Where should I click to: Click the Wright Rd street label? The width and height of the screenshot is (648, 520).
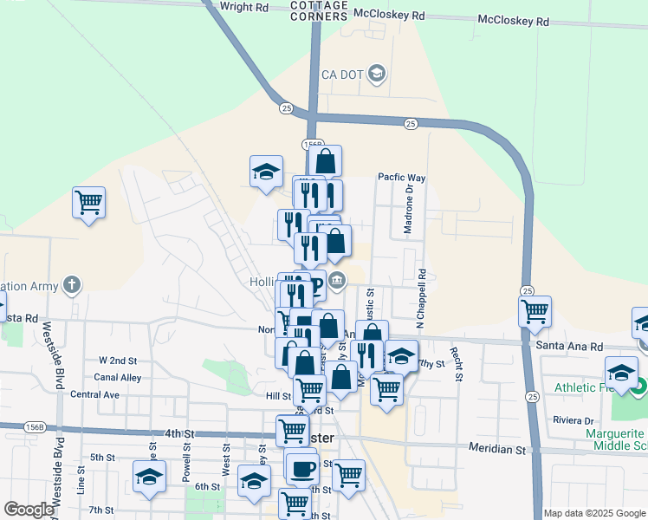coord(244,7)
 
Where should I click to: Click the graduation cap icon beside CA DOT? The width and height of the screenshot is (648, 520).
coord(376,74)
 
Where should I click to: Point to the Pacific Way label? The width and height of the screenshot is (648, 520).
coord(402,178)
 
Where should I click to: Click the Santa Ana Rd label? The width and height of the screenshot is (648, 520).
coord(568,346)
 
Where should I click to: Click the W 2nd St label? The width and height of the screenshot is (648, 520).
coord(118,360)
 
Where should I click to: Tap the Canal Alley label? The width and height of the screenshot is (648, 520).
coord(118,378)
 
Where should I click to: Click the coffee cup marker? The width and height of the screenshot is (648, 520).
coord(301,469)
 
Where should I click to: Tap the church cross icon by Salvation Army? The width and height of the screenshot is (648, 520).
coord(72,284)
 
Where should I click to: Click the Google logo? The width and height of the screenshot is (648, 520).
coord(29,510)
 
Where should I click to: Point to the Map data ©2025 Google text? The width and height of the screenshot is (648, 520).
coord(593,513)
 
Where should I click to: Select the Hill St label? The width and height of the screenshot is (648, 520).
coord(279,395)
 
